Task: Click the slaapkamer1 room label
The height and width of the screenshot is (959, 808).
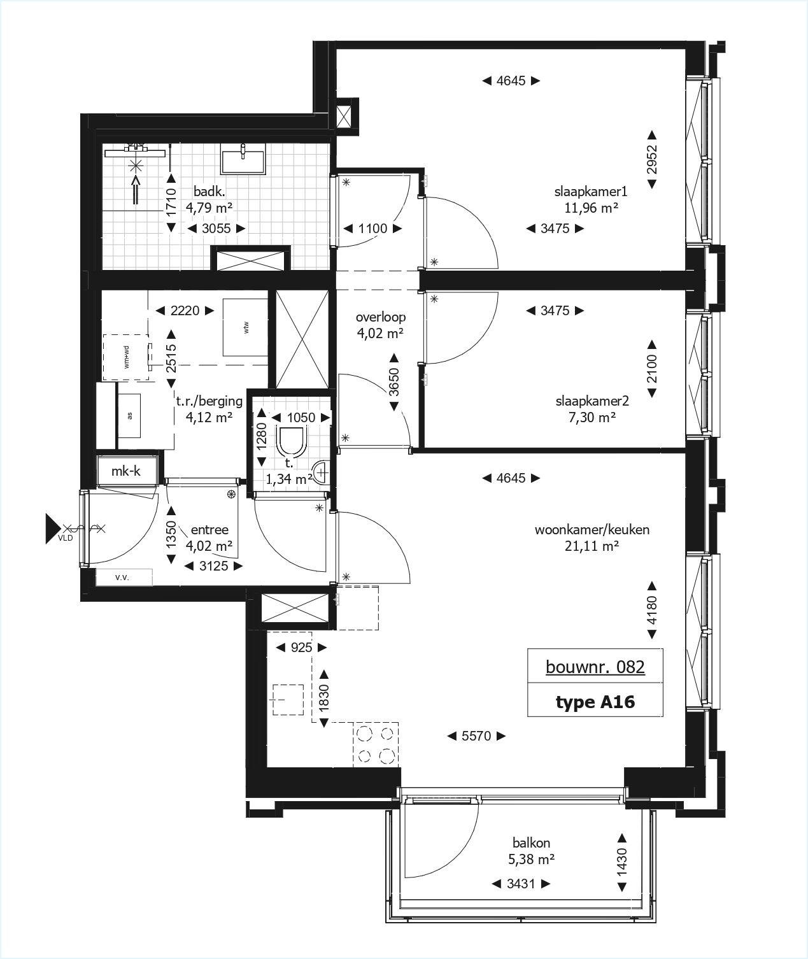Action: (592, 191)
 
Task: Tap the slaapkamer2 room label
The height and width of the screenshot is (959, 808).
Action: (592, 401)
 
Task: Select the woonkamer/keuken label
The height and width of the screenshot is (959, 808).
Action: (592, 530)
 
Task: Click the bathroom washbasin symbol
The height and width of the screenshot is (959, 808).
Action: (243, 158)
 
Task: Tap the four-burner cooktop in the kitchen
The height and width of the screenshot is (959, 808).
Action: (376, 745)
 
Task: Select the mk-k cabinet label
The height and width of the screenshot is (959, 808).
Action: (126, 472)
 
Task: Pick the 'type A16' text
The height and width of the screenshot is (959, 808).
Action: (595, 702)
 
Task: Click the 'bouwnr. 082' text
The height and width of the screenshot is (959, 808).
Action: (595, 667)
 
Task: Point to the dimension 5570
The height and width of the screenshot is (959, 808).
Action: (476, 736)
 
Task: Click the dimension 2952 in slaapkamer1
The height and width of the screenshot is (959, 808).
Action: (651, 160)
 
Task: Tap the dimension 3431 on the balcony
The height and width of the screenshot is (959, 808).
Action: (521, 884)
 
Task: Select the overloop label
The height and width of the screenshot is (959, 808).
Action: (381, 317)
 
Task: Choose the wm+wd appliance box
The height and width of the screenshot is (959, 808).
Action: (127, 357)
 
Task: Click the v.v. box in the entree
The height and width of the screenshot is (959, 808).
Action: (124, 577)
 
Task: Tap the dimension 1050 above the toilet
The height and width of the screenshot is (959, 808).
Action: (301, 418)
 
